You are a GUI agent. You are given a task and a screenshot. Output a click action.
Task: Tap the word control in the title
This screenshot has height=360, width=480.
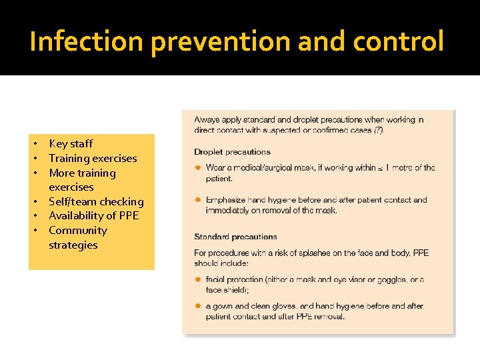pos(399,42)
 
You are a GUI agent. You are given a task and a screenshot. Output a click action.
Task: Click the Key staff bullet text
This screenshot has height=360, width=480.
pos(71,143)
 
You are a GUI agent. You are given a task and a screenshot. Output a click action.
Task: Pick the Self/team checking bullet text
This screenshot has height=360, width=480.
pos(96,201)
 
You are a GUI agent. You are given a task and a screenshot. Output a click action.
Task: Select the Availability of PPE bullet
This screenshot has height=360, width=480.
pos(93,215)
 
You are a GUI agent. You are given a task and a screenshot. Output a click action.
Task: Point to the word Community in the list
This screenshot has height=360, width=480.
pos(78,230)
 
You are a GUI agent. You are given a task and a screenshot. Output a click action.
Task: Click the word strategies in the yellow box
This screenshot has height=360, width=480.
pos(73,245)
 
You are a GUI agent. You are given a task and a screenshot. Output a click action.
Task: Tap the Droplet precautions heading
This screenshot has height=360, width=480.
pos(232,152)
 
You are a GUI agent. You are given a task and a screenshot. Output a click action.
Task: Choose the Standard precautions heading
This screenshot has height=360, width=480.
pos(235,237)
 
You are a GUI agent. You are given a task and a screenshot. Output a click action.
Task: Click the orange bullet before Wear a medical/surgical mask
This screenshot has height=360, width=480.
pos(198,168)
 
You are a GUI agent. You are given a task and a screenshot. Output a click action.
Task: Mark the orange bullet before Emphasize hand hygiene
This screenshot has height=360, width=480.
pos(198,200)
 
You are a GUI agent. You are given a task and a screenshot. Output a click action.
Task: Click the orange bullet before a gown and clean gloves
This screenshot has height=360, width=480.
pos(198,306)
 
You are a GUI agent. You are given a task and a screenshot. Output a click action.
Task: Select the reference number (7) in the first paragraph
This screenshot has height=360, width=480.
pos(378,129)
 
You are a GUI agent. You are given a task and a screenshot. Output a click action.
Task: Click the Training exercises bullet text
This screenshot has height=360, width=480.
pos(93,158)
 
